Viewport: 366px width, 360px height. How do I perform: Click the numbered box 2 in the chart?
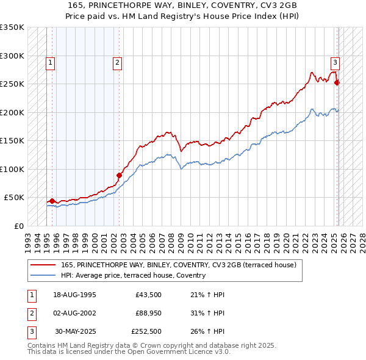(117, 62)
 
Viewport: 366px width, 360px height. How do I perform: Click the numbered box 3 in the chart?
(335, 62)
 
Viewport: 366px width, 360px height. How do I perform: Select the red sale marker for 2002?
(119, 176)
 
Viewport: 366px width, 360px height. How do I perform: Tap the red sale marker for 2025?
(337, 82)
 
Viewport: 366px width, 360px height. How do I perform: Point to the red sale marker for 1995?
(52, 201)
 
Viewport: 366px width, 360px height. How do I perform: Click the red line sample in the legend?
(42, 265)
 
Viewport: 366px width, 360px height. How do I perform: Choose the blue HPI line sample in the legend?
(42, 275)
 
